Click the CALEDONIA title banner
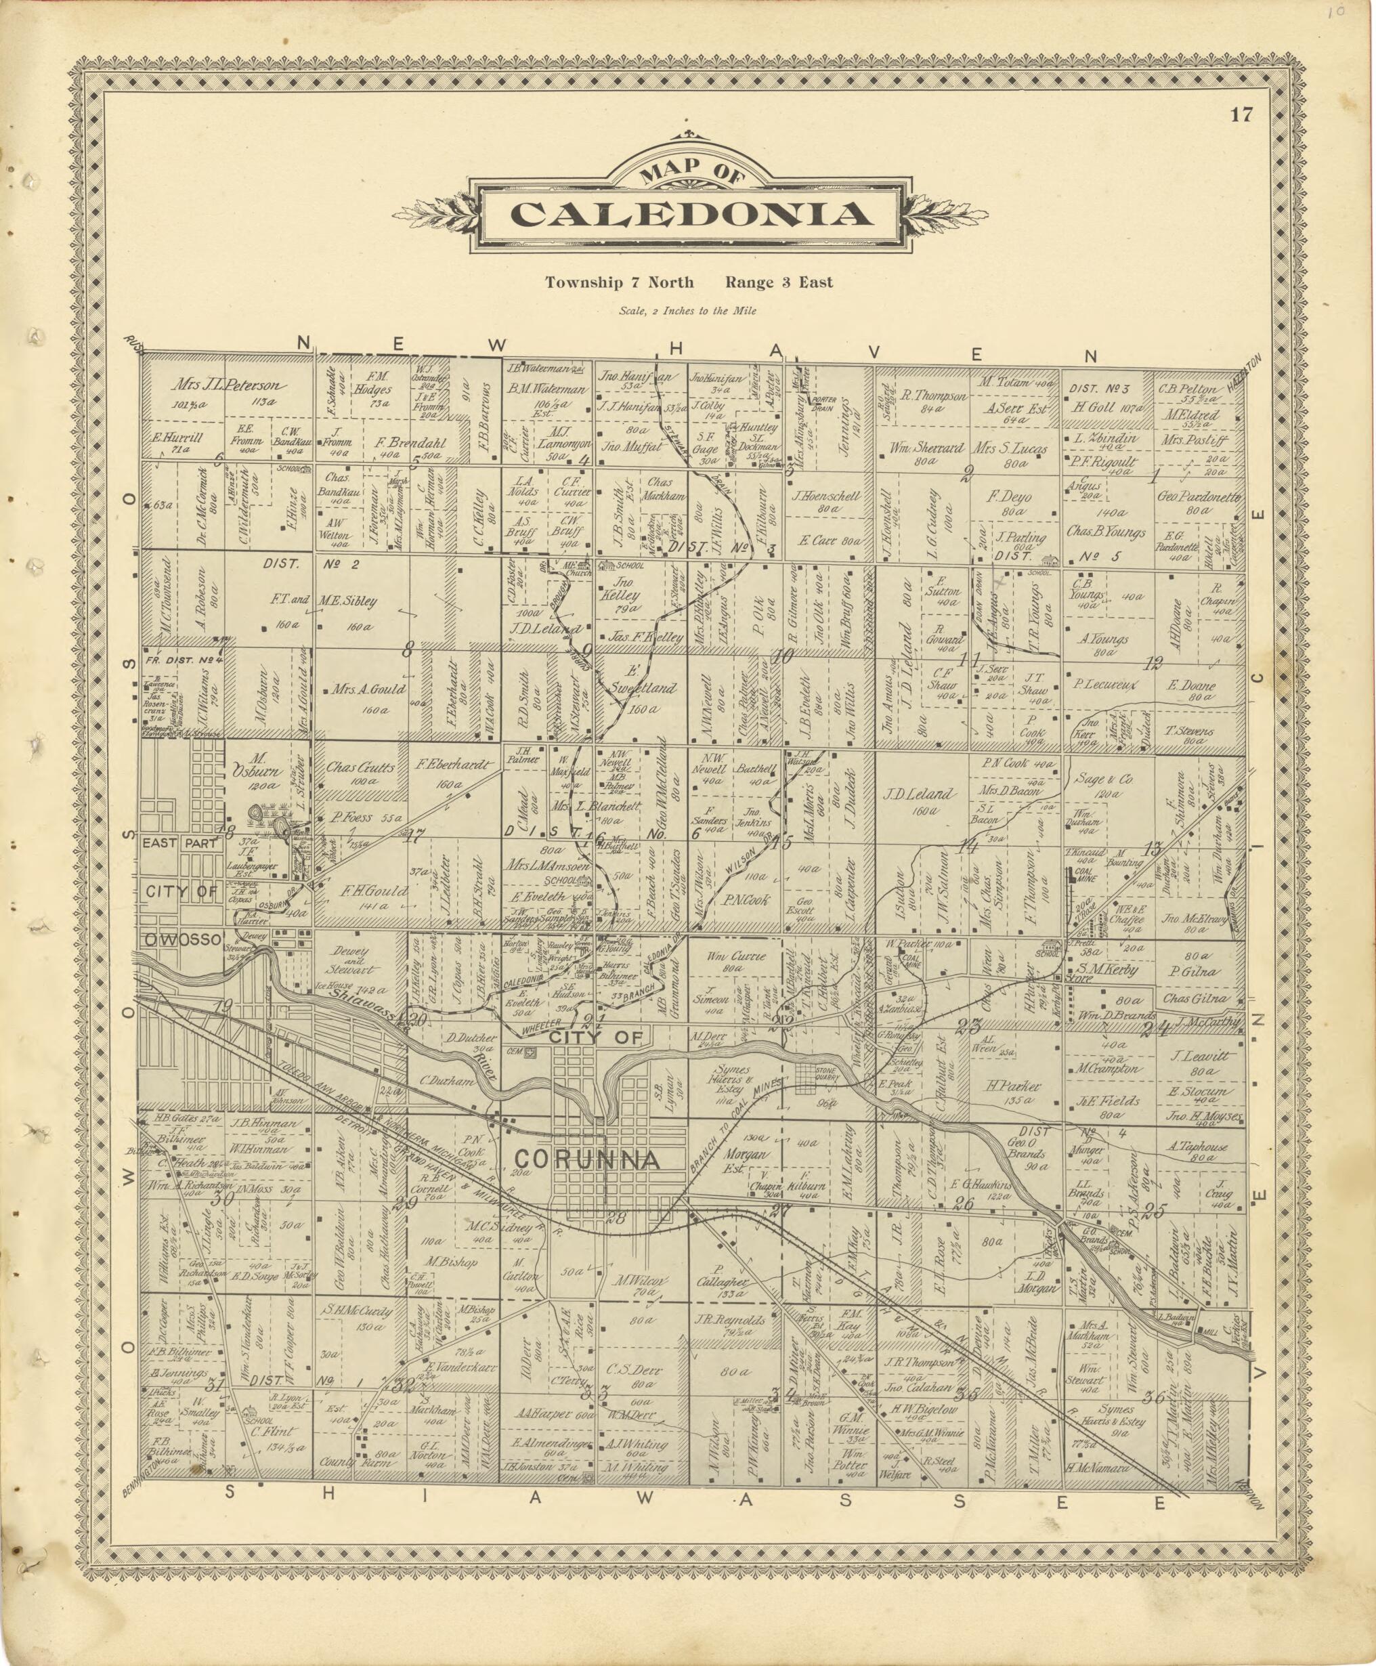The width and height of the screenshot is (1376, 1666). pos(689,215)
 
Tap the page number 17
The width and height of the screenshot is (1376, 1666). pos(1241,115)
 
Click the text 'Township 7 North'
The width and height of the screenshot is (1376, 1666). pos(619,282)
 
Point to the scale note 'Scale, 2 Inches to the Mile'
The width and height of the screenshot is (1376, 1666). pos(687,311)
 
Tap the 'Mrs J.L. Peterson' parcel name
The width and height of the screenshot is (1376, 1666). pos(230,386)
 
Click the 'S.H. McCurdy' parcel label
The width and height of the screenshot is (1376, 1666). pos(357,1311)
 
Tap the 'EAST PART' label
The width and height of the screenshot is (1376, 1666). pos(180,843)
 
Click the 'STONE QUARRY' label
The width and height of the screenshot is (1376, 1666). pos(827,1075)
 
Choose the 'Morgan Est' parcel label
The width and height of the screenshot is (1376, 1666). pos(743,1159)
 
